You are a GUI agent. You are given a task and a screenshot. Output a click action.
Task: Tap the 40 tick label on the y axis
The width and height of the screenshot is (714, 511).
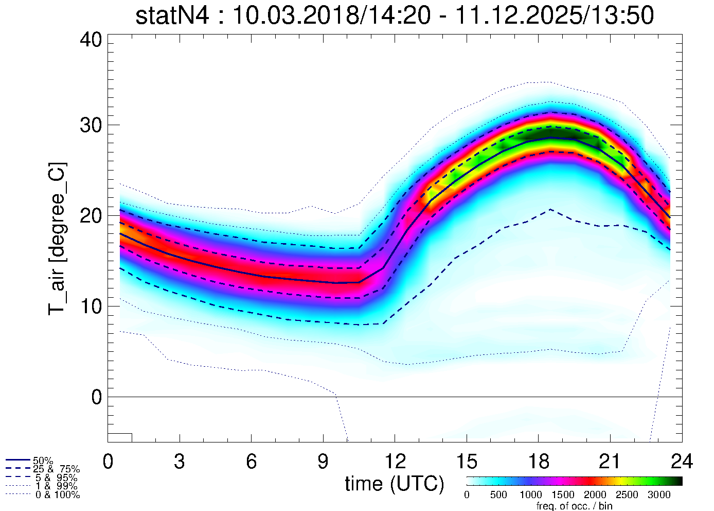click(x=93, y=40)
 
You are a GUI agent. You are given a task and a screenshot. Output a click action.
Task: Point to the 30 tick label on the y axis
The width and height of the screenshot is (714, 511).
click(x=93, y=125)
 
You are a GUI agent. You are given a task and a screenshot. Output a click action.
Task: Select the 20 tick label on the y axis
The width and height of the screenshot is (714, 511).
click(x=93, y=216)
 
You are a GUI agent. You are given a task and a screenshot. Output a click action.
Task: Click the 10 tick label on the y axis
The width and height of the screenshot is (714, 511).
click(x=93, y=306)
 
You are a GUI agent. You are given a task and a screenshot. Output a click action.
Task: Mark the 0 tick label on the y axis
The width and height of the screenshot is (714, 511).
click(x=97, y=397)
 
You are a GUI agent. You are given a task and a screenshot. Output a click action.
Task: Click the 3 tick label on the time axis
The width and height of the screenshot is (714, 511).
click(x=180, y=462)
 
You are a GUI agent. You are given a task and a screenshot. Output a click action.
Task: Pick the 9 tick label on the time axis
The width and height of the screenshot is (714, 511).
click(x=323, y=462)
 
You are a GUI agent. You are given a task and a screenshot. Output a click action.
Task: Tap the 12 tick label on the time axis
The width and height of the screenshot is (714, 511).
click(x=395, y=462)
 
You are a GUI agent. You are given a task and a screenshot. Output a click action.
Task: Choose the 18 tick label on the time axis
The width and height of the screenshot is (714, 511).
click(x=538, y=462)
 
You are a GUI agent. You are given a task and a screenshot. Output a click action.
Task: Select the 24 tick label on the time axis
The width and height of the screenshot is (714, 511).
click(x=682, y=462)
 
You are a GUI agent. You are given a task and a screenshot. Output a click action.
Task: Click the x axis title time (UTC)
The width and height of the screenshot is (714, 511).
click(x=395, y=484)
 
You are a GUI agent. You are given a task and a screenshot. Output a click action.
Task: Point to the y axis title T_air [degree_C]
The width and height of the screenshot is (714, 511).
click(x=57, y=239)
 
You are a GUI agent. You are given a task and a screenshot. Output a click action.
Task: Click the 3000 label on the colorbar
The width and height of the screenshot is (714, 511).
click(x=659, y=495)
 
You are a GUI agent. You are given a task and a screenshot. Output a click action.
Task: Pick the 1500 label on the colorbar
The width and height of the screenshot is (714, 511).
click(x=563, y=495)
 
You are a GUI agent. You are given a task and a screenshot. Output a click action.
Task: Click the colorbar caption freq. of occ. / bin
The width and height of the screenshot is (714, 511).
click(x=574, y=506)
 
